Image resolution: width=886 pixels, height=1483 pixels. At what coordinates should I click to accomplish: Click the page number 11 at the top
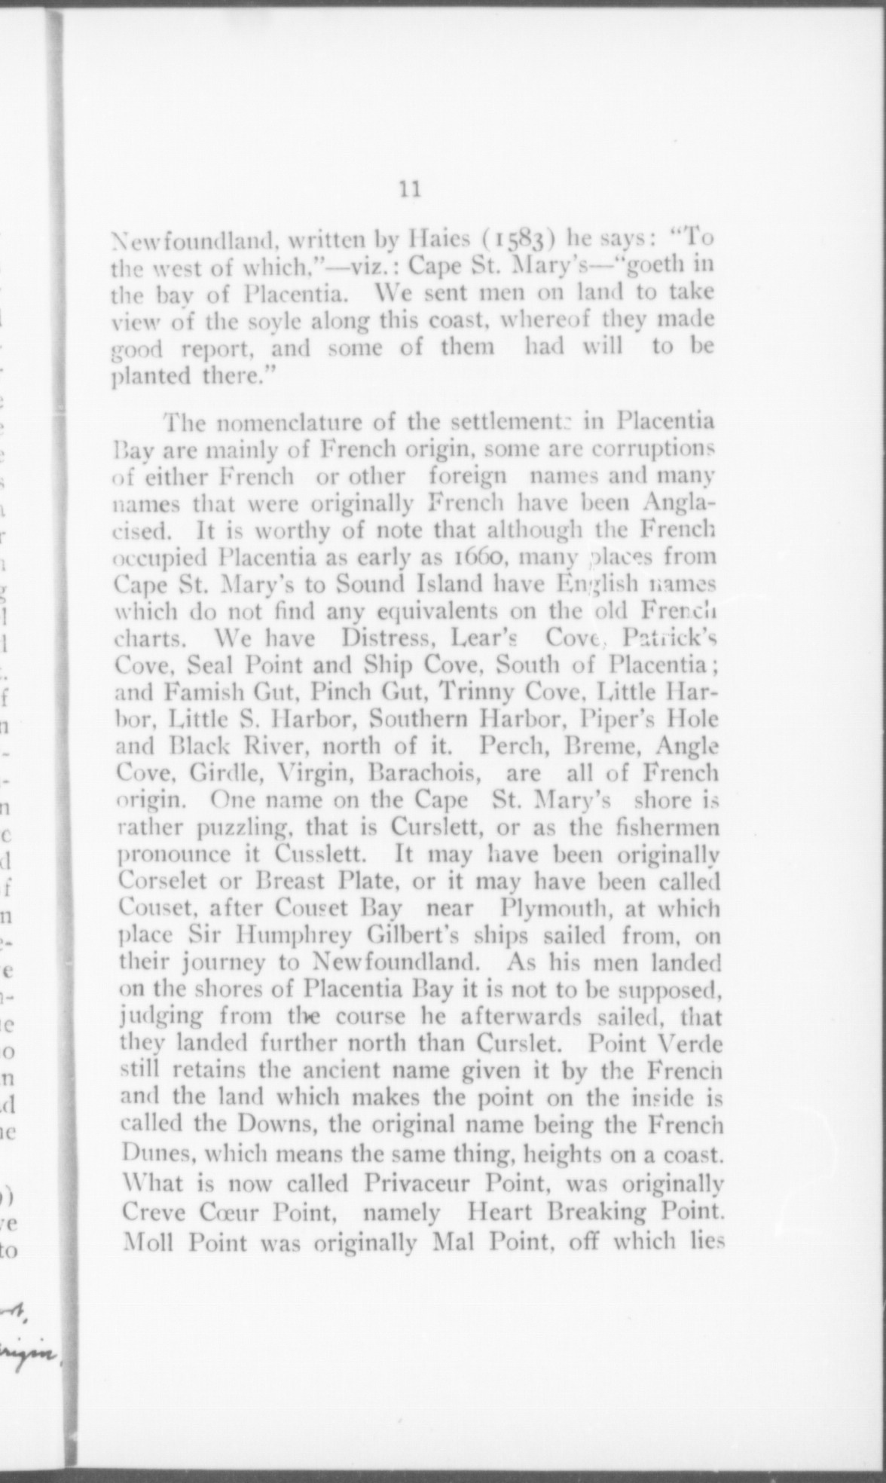[411, 188]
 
